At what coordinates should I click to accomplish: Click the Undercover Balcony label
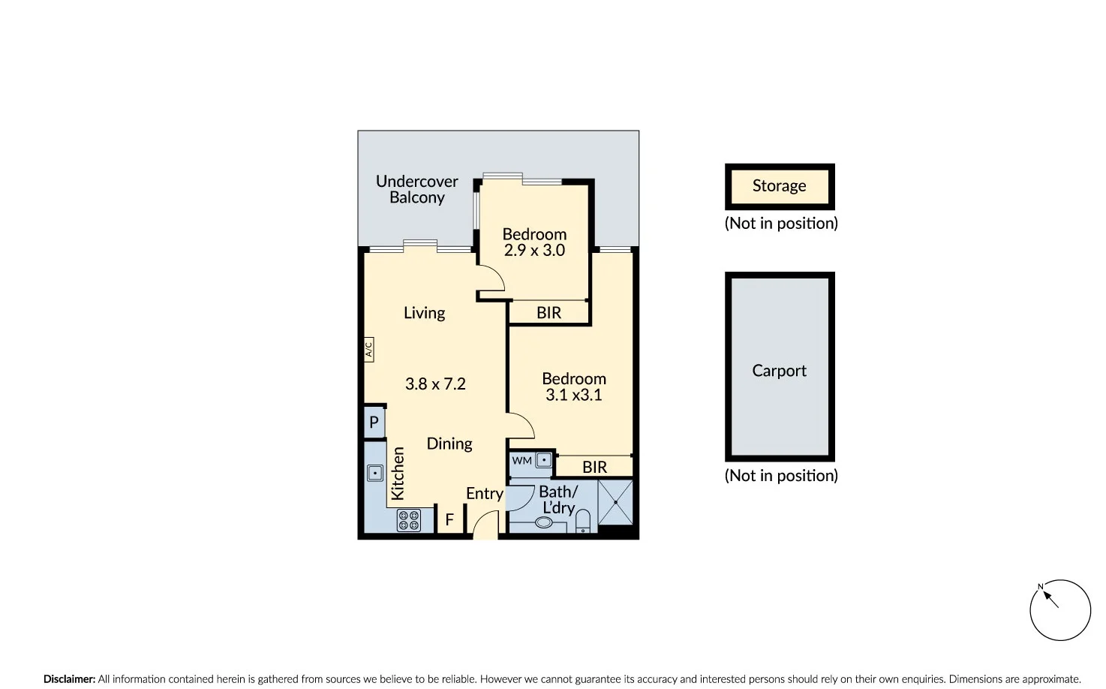pyautogui.click(x=416, y=189)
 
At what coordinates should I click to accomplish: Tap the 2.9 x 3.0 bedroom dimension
pyautogui.click(x=534, y=251)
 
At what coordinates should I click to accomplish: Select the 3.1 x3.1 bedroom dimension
pyautogui.click(x=573, y=396)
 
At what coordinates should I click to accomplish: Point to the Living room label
pyautogui.click(x=424, y=313)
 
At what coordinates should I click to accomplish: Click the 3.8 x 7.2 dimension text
pyautogui.click(x=435, y=384)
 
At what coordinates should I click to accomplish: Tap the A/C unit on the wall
pyautogui.click(x=368, y=350)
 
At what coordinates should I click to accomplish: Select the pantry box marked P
pyautogui.click(x=374, y=423)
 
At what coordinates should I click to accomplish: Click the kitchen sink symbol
pyautogui.click(x=375, y=473)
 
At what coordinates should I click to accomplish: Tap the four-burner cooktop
pyautogui.click(x=409, y=520)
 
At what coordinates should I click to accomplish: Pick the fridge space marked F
pyautogui.click(x=449, y=519)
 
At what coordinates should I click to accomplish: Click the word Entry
pyautogui.click(x=484, y=494)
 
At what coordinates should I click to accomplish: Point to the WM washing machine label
pyautogui.click(x=522, y=461)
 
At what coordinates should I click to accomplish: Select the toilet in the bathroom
pyautogui.click(x=583, y=522)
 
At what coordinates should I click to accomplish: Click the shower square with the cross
pyautogui.click(x=615, y=502)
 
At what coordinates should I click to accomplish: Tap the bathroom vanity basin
pyautogui.click(x=544, y=522)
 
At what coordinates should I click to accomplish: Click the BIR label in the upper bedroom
pyautogui.click(x=548, y=313)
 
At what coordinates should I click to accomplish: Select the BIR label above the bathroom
pyautogui.click(x=594, y=467)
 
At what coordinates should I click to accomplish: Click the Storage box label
pyautogui.click(x=779, y=186)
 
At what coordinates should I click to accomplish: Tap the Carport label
pyautogui.click(x=779, y=371)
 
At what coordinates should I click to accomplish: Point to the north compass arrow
pyautogui.click(x=1050, y=598)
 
